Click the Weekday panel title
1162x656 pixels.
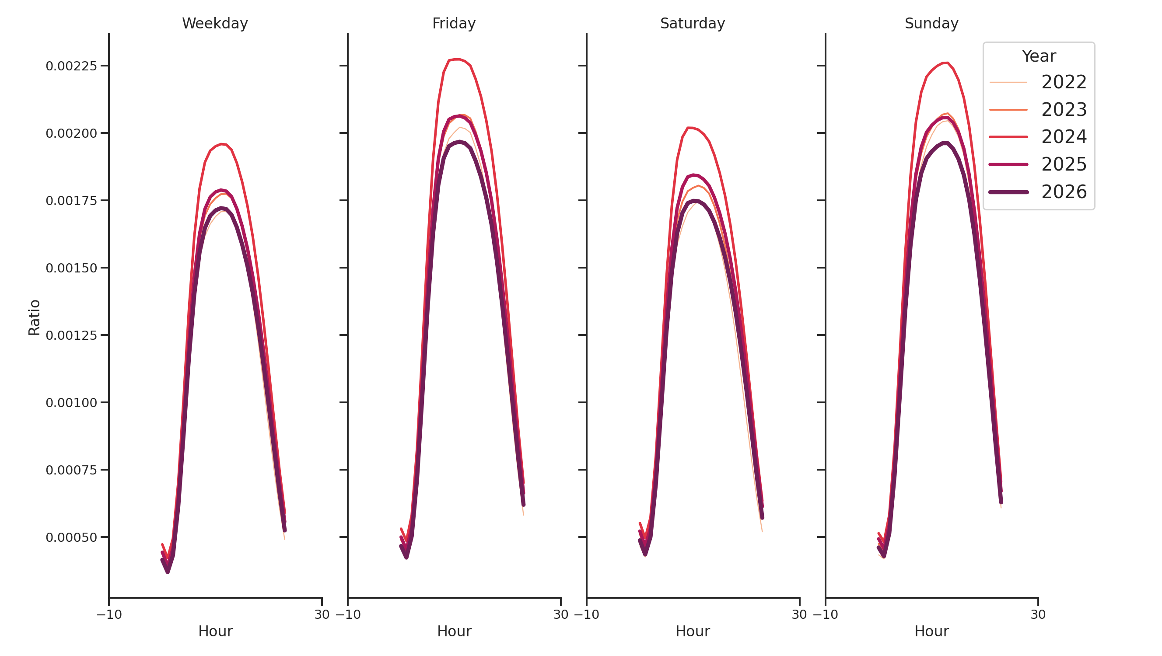point(215,24)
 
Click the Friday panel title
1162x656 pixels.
point(454,24)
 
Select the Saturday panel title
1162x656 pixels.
point(693,24)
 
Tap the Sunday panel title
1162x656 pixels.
point(931,24)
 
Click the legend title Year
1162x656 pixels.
point(1038,56)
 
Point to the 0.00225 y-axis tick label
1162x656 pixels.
point(71,66)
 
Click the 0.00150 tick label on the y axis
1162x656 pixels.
point(71,268)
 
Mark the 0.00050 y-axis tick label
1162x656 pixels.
point(71,537)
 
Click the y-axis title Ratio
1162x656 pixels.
point(34,318)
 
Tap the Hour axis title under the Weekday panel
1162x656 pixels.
point(215,631)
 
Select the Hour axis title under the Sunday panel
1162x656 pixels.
point(931,631)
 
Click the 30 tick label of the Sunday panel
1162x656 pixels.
point(1038,614)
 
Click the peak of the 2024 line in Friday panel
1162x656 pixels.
point(458,59)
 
